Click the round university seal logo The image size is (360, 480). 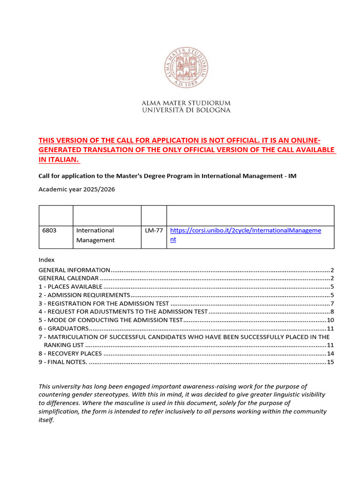coord(186,67)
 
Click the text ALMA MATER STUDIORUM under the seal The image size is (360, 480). coord(186,103)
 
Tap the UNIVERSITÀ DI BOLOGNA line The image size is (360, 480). coord(186,110)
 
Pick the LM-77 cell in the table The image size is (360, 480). coord(153,231)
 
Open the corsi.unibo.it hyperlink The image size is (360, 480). coord(245,231)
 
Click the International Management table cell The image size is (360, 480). coord(95,235)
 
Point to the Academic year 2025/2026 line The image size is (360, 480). coord(76,189)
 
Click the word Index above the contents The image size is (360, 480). coord(46,260)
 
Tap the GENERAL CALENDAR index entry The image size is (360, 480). coord(68,278)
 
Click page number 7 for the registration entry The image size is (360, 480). coord(331,304)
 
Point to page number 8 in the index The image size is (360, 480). coord(331,312)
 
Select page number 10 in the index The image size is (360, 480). coord(330,320)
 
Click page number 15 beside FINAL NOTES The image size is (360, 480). coord(330,362)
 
